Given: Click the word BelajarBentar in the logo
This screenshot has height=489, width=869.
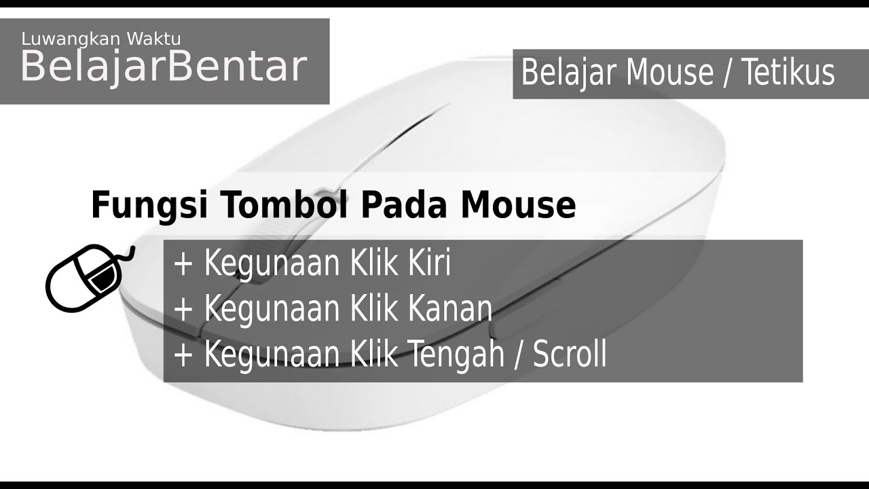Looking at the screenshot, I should click(x=164, y=67).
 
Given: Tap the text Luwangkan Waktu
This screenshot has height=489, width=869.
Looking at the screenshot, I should click(x=101, y=39).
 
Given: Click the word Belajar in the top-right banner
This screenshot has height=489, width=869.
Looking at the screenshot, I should click(x=569, y=73).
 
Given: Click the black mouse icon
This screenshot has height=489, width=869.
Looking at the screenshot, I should click(x=87, y=276).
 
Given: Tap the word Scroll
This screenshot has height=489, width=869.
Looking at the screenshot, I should click(x=570, y=355).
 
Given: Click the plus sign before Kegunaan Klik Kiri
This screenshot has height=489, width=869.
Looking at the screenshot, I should click(x=184, y=265).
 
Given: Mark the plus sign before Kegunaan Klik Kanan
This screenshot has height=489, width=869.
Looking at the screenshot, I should click(x=184, y=310).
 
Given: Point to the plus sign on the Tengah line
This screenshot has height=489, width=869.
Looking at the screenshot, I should click(x=184, y=355).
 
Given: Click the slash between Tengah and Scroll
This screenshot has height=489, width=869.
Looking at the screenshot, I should click(x=520, y=355).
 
